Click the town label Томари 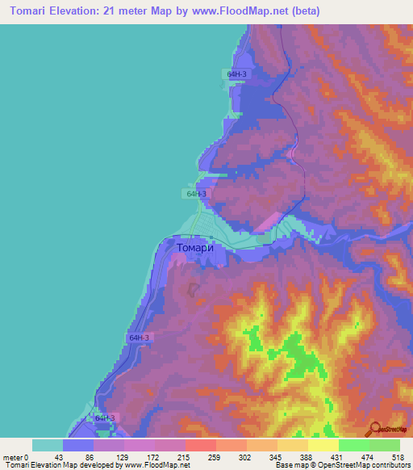click(194, 250)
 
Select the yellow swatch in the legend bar click(323, 445)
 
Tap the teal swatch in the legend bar click(48, 445)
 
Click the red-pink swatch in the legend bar click(201, 445)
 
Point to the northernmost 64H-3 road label click(236, 73)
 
